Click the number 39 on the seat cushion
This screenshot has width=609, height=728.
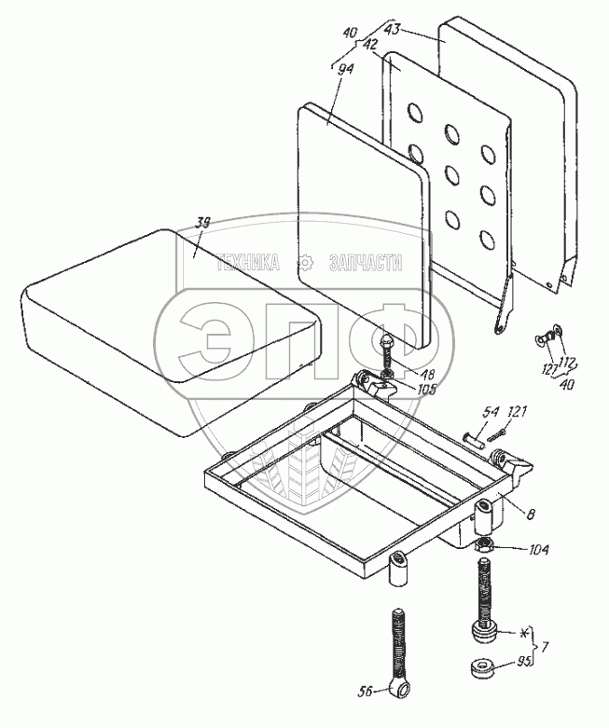click(202, 224)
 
